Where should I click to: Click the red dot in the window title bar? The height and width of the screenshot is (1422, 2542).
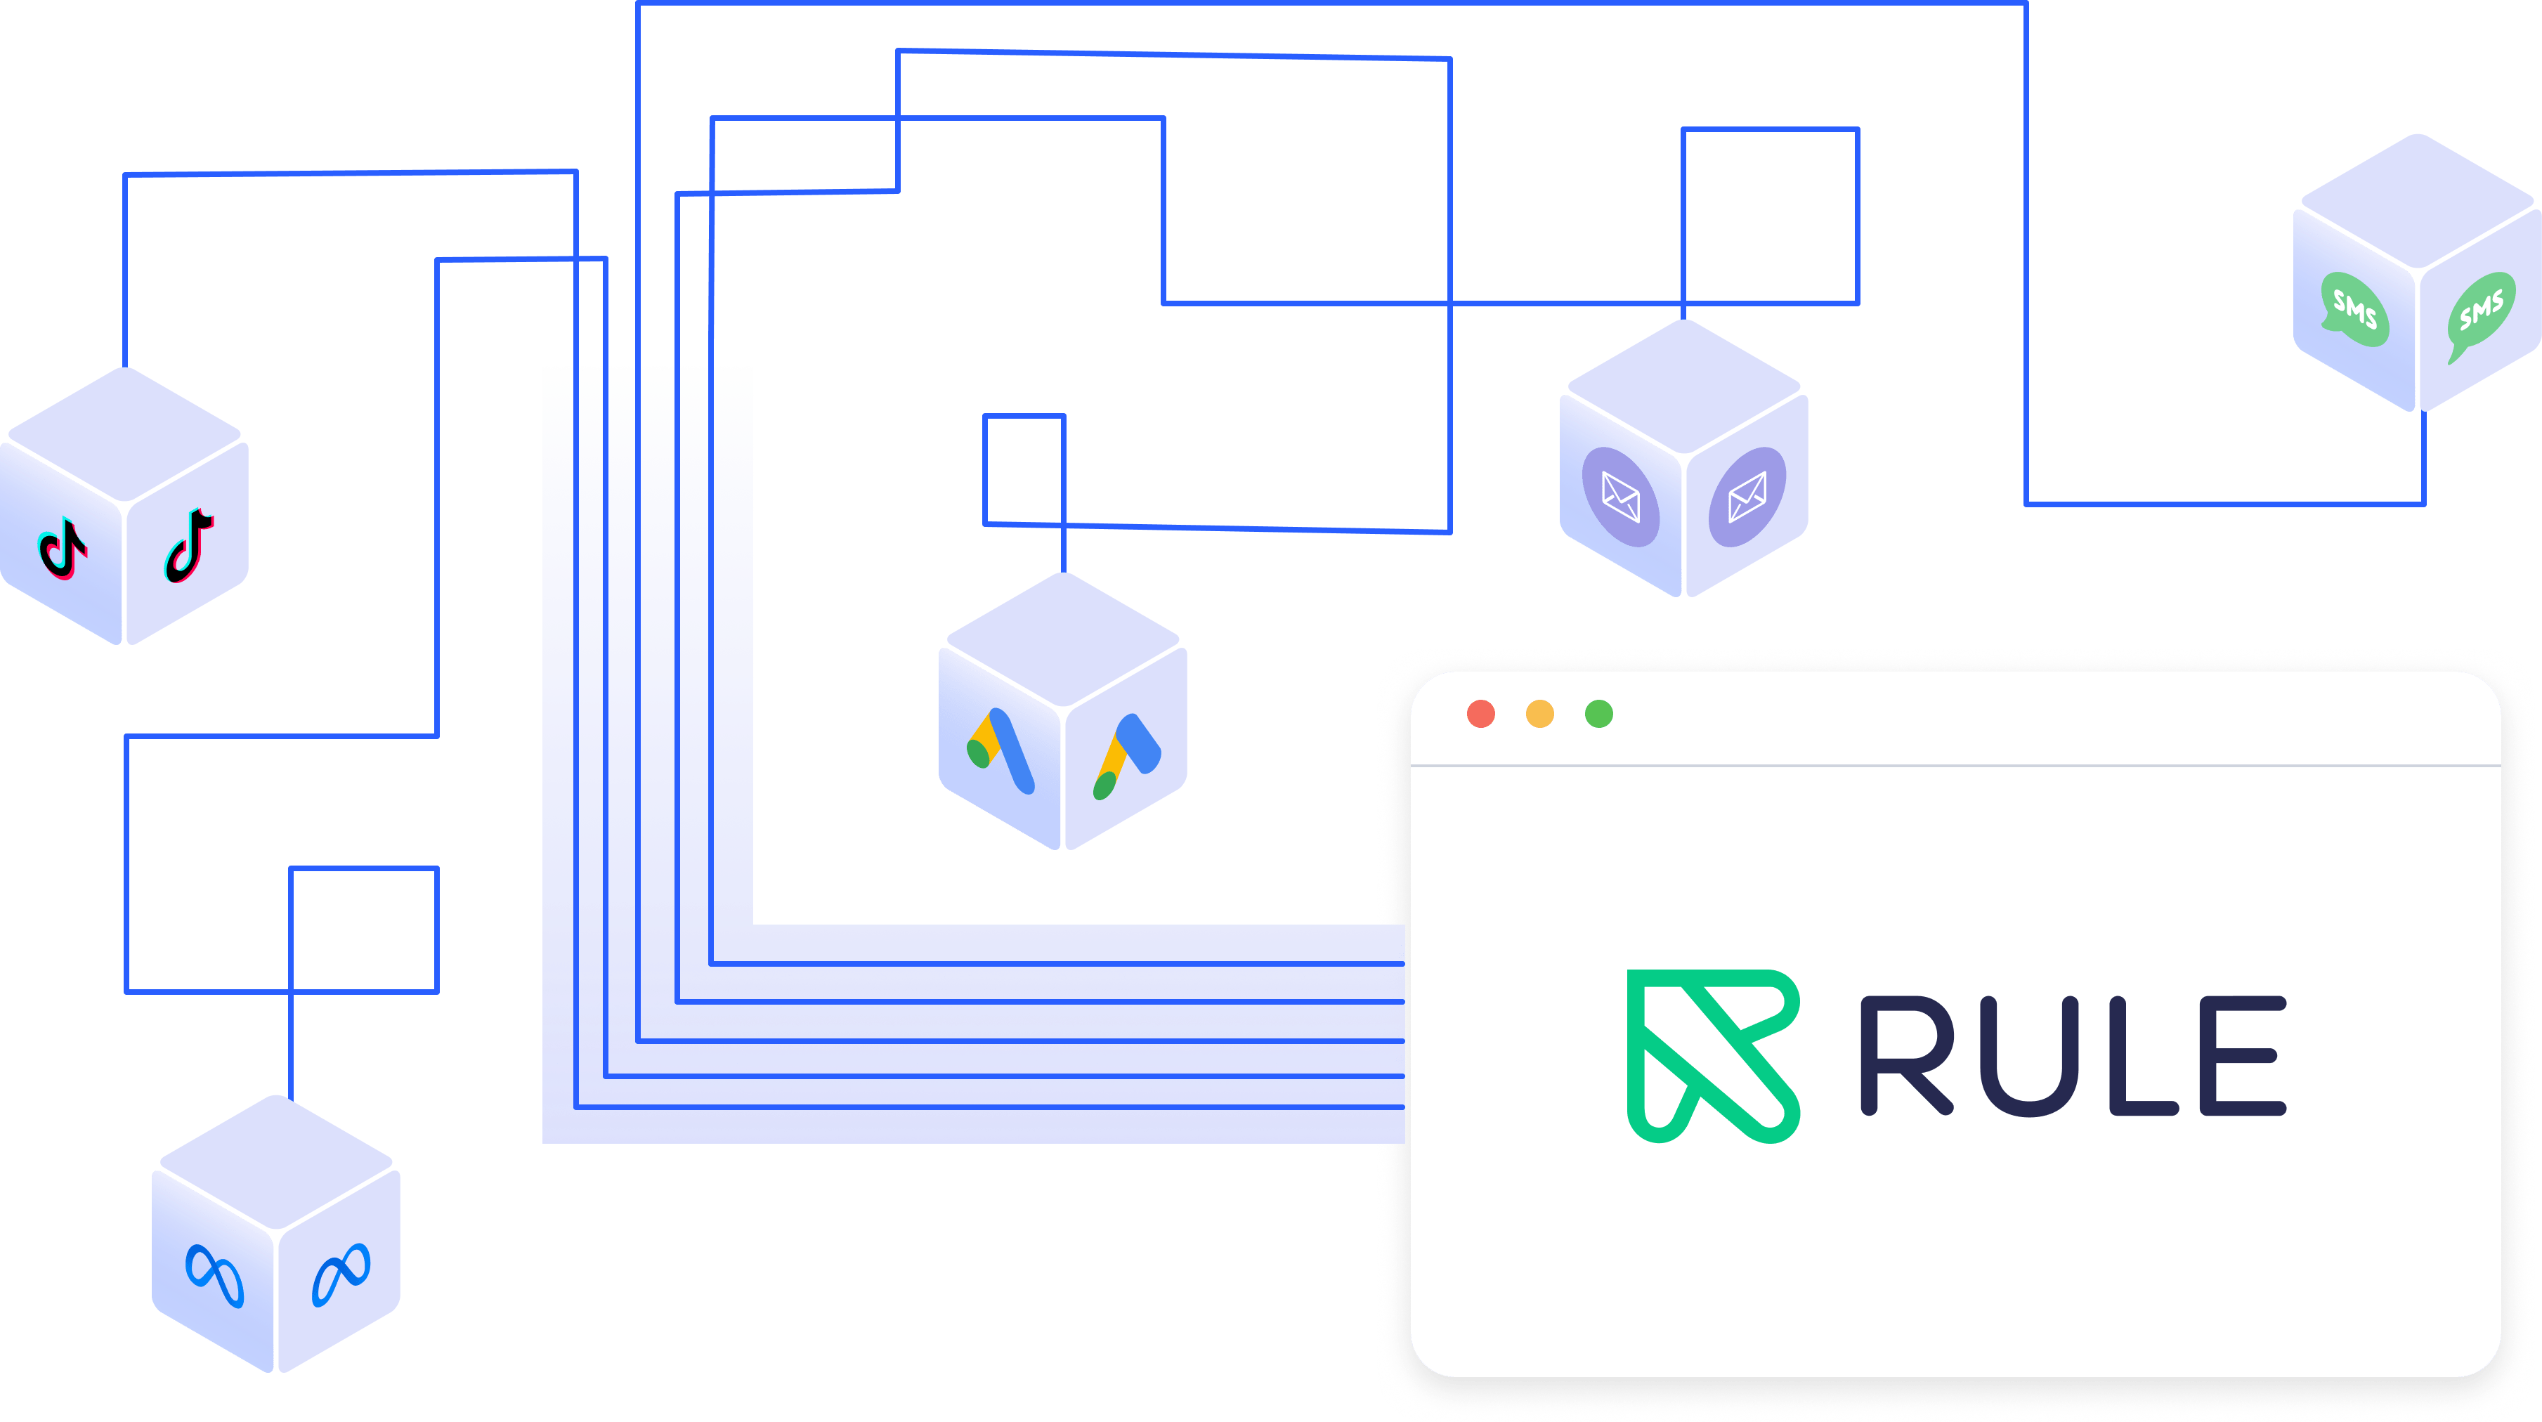(x=1480, y=714)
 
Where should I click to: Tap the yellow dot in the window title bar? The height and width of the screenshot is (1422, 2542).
(x=1539, y=714)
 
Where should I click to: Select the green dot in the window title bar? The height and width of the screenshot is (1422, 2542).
(x=1598, y=714)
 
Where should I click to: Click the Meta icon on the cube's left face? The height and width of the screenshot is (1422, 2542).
(x=214, y=1276)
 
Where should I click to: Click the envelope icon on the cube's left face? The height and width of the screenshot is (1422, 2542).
(x=1620, y=497)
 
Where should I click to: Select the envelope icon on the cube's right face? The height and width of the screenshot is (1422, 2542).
(x=1747, y=497)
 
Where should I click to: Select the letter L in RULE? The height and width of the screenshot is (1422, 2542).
(x=2142, y=1056)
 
